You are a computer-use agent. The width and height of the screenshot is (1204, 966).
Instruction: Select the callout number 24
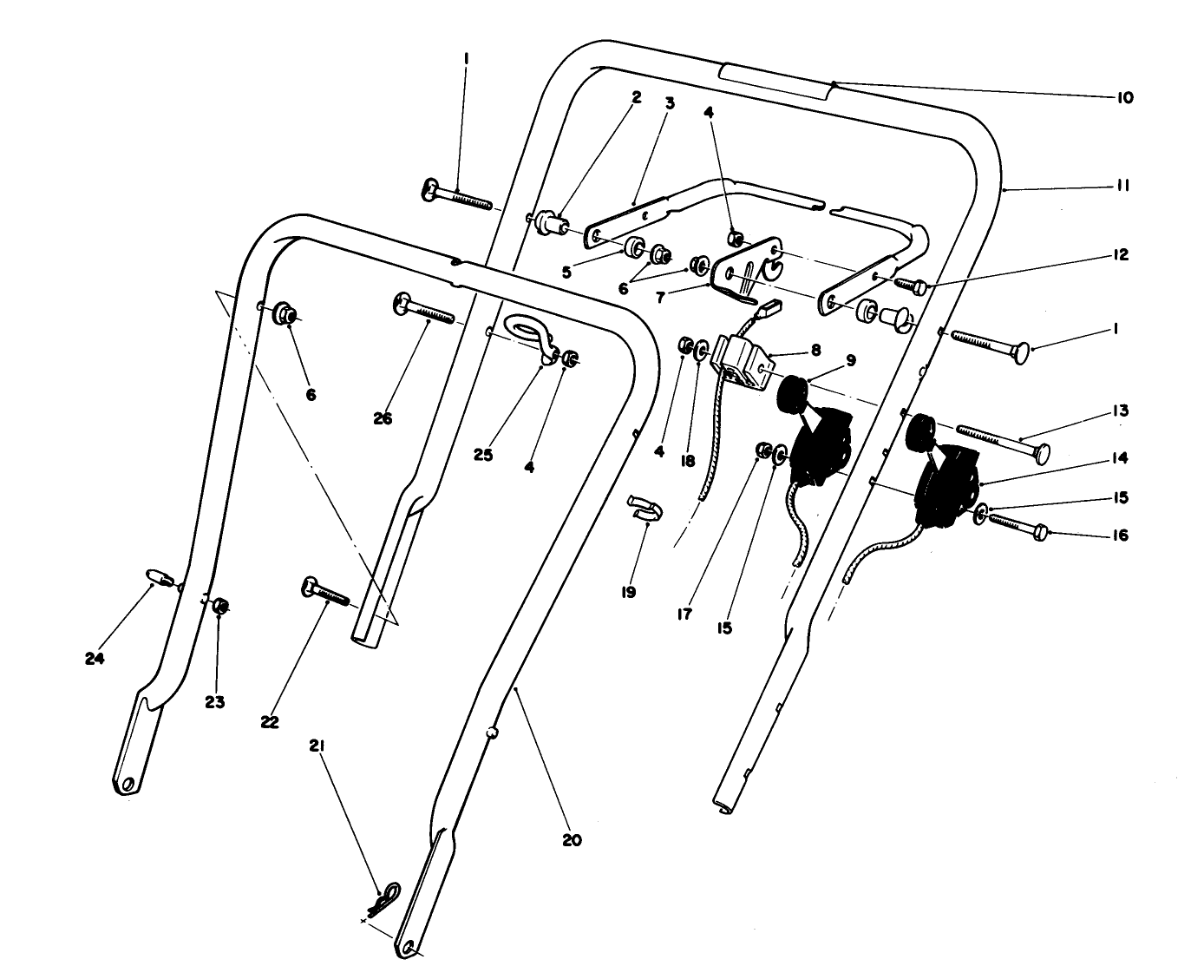tap(95, 659)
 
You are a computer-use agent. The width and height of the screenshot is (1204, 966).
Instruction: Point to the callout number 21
tap(317, 746)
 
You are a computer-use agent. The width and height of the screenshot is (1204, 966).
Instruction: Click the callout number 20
tap(572, 840)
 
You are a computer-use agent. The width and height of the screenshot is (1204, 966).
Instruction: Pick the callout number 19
tap(628, 592)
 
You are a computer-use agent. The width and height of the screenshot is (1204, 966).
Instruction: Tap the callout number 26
tap(383, 418)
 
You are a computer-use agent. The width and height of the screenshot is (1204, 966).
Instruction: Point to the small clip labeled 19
tap(643, 509)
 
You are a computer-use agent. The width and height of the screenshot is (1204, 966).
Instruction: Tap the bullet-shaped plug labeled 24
tap(155, 578)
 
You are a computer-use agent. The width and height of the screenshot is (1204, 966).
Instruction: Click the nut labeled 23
tap(220, 607)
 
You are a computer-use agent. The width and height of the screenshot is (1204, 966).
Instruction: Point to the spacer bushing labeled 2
tap(551, 220)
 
